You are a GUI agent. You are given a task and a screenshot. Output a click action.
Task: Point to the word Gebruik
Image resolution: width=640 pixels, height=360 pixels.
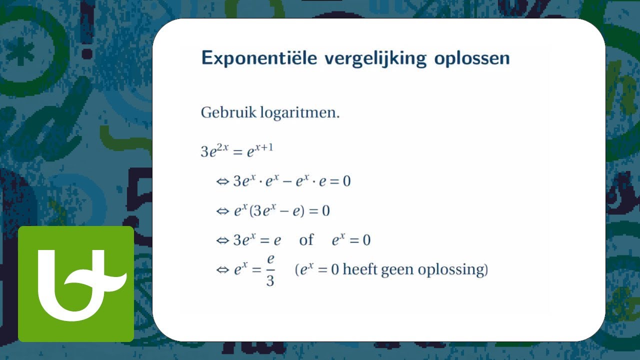click(x=228, y=113)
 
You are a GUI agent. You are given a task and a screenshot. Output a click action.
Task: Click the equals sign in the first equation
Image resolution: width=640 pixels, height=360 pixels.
click(x=237, y=151)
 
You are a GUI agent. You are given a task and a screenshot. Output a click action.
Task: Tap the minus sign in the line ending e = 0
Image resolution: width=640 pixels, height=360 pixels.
click(x=288, y=181)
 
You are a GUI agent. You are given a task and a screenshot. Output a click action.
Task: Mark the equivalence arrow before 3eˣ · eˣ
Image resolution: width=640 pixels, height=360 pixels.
click(x=222, y=181)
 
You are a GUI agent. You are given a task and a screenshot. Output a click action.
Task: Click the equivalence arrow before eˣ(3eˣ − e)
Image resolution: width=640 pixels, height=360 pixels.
click(x=222, y=211)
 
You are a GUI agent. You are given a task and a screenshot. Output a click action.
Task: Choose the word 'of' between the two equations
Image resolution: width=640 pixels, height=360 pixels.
click(x=306, y=240)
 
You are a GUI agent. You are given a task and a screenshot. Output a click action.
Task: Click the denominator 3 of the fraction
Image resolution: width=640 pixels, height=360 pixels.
click(x=270, y=280)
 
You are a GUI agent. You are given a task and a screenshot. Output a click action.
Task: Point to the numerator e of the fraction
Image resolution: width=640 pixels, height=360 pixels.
click(x=270, y=259)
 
